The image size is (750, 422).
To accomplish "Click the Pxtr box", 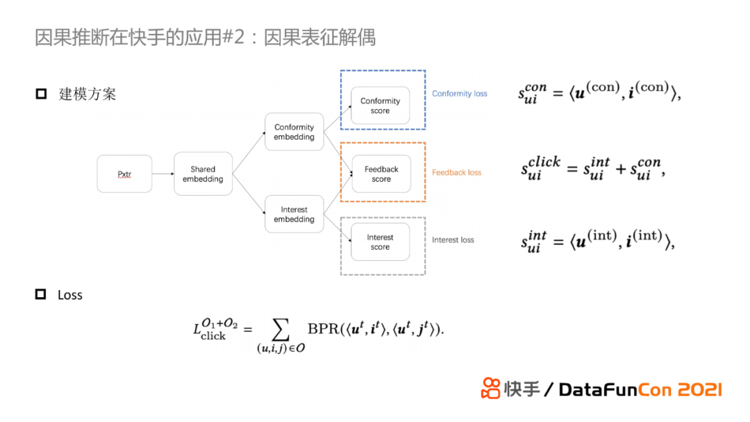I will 124,174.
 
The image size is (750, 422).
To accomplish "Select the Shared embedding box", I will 203,174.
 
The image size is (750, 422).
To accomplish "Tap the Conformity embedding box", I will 294,132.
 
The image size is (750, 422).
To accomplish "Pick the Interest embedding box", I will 294,214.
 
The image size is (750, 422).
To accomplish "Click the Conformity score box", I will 380,105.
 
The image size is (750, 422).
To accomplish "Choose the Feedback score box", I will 381,174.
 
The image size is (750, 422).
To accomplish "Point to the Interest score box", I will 380,242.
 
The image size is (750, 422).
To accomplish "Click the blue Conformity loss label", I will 459,94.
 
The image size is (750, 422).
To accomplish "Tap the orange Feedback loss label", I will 456,172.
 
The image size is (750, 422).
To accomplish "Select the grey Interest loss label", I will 453,240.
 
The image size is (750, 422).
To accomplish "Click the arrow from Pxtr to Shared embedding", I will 162,174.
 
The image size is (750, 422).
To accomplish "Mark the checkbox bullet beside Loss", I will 41,295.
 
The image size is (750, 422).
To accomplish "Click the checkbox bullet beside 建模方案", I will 41,94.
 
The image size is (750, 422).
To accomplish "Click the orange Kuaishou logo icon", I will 491,389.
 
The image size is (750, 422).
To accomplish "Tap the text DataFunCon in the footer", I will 610,389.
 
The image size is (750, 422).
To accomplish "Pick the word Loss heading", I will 70,295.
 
